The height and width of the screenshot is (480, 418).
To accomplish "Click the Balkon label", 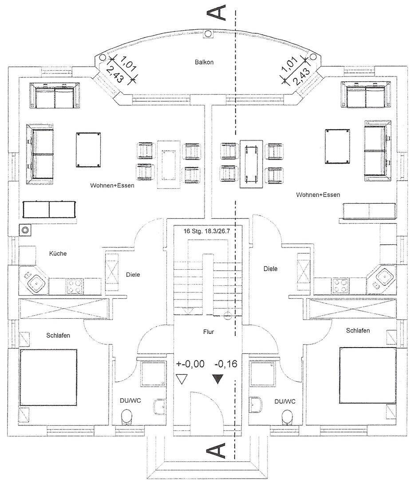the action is (x=204, y=62).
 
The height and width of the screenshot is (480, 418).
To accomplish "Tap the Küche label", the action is (x=58, y=253).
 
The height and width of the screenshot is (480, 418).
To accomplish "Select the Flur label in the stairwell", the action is (x=209, y=332).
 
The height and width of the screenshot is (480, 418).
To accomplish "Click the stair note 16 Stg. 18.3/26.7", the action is (x=206, y=231).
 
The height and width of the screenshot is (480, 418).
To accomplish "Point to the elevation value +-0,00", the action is (x=190, y=364).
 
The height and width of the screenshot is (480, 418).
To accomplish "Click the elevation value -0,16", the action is (x=226, y=364).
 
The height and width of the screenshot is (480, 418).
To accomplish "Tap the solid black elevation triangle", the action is (x=217, y=379).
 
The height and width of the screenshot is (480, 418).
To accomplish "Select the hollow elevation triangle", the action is (x=182, y=379).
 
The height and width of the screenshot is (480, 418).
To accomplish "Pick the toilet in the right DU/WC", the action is (x=287, y=417).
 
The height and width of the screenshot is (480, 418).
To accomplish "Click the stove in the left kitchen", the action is (x=75, y=286).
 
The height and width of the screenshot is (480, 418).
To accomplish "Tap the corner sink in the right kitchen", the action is (x=381, y=278).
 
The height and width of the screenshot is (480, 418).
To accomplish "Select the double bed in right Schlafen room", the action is (x=368, y=375).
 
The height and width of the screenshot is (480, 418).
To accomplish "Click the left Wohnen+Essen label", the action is (x=112, y=185).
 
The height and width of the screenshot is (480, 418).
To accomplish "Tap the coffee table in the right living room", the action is (x=337, y=147).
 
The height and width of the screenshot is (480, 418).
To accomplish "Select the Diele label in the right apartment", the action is (x=270, y=269).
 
